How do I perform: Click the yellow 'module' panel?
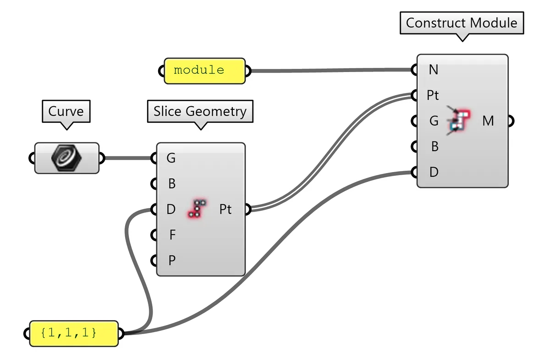[204, 71]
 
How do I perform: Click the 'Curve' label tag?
[66, 111]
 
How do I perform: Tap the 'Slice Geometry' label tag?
[200, 111]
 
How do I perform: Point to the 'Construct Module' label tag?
[462, 23]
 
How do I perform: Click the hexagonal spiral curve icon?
[67, 158]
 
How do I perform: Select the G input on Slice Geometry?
[170, 158]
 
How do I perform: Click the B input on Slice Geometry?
[171, 184]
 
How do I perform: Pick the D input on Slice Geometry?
[170, 210]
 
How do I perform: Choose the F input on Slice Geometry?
[172, 235]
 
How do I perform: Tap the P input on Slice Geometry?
[171, 261]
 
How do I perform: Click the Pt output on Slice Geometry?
[225, 210]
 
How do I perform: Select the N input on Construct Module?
[433, 70]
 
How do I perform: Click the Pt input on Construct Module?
[433, 96]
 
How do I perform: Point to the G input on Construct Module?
[433, 121]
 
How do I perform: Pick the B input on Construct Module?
[434, 147]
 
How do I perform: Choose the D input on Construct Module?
[433, 173]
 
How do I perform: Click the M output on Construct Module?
[488, 121]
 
